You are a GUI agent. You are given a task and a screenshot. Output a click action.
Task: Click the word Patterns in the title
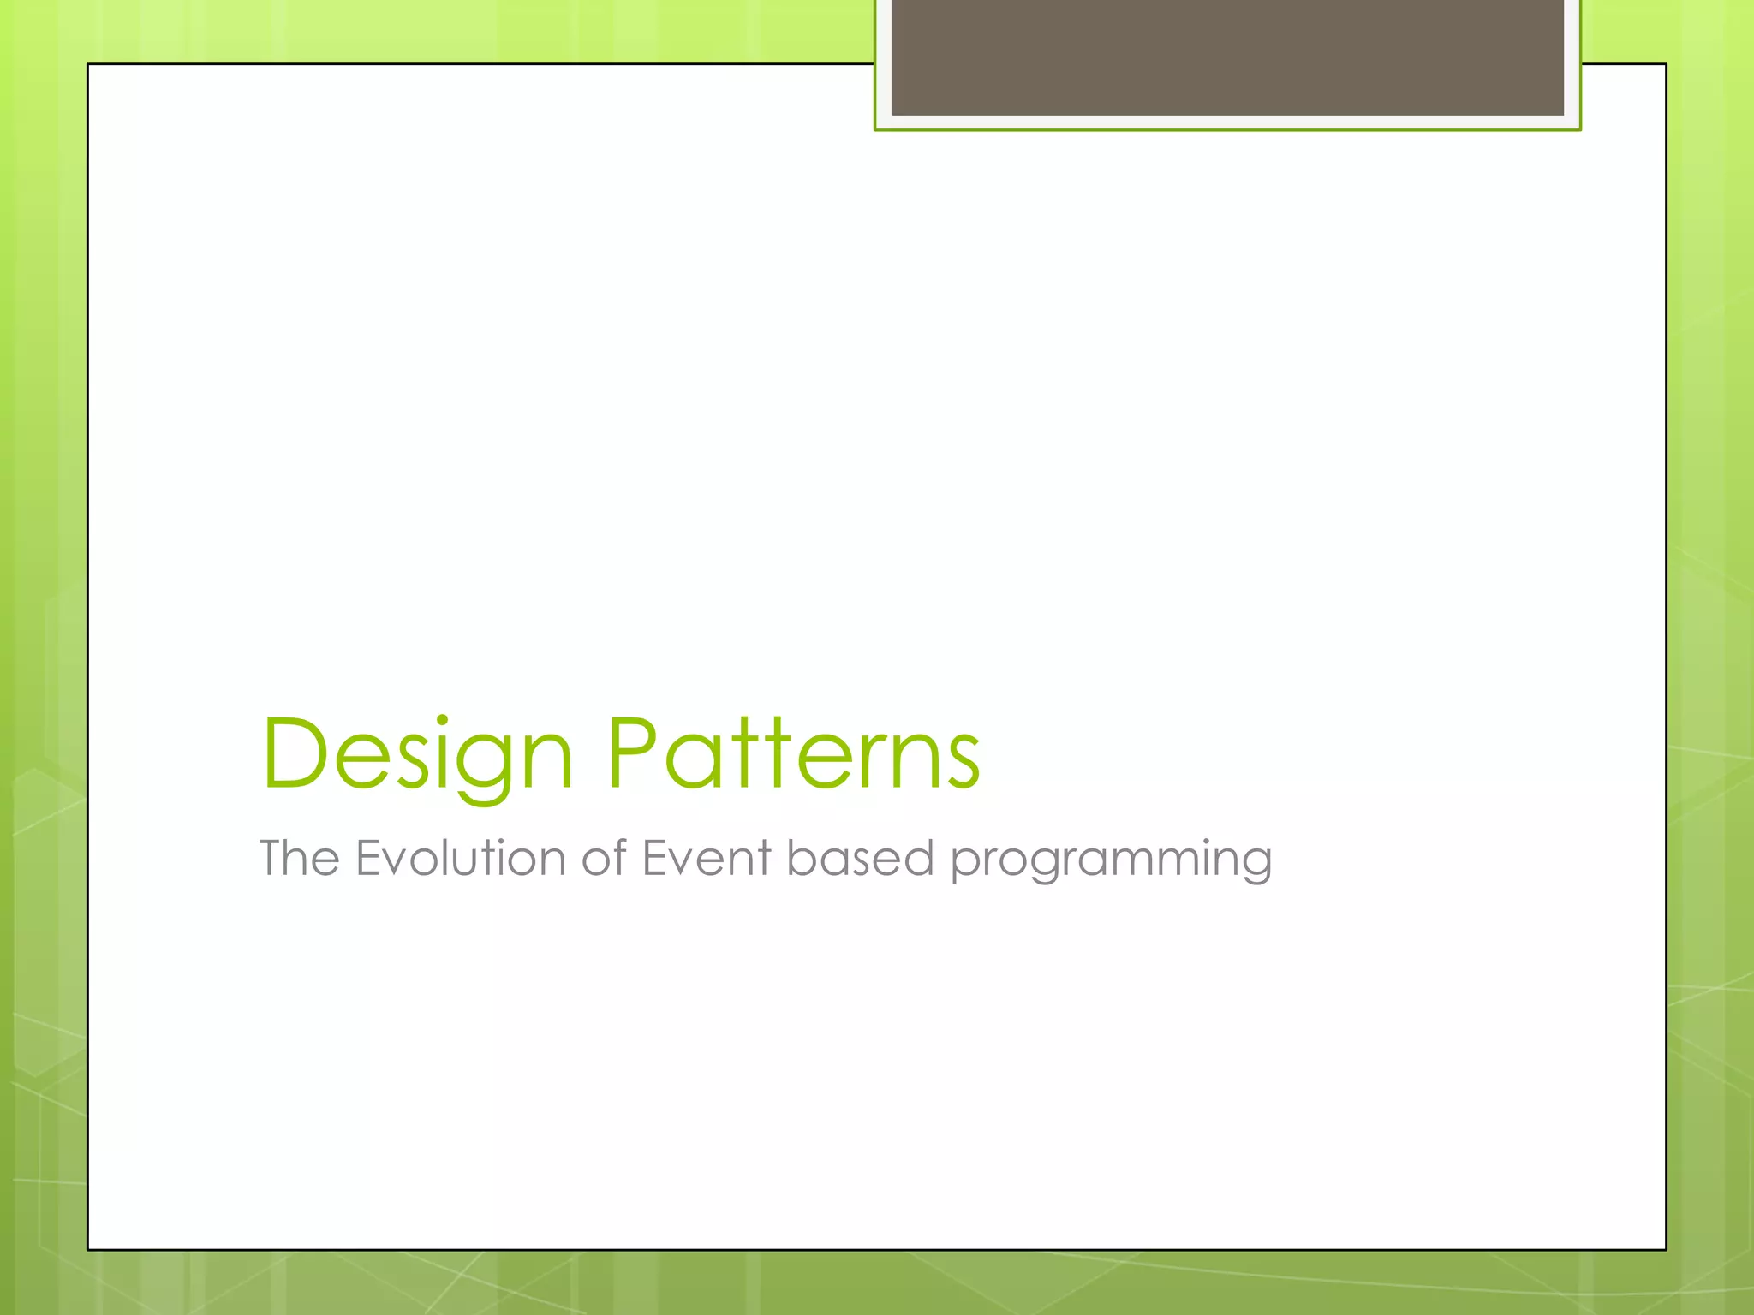point(793,753)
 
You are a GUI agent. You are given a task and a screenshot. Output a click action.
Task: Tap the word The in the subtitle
point(299,858)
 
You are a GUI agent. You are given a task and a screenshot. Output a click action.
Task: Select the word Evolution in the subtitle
point(460,858)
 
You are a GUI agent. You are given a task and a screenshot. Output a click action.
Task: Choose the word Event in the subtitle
point(706,858)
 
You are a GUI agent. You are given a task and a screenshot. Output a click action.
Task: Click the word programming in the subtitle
point(1111,861)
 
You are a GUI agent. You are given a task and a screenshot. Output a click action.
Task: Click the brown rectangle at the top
point(1227,57)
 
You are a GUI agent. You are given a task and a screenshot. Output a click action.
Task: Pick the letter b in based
point(801,856)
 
